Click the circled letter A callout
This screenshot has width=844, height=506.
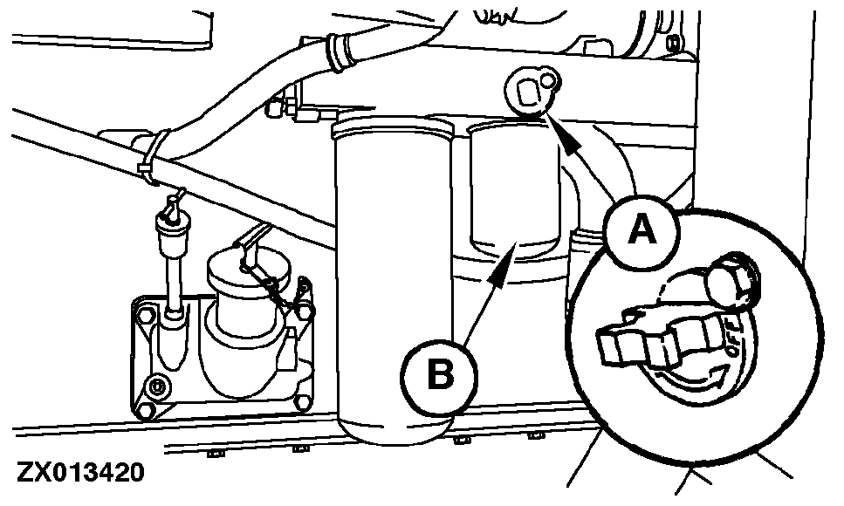coord(642,230)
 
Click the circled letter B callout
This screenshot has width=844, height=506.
coord(440,376)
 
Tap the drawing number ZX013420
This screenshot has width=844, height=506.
coord(80,474)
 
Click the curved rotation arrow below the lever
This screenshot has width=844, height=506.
coord(693,379)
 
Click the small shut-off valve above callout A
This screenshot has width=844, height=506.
coord(531,92)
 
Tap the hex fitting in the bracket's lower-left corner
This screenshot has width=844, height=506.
coord(157,386)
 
